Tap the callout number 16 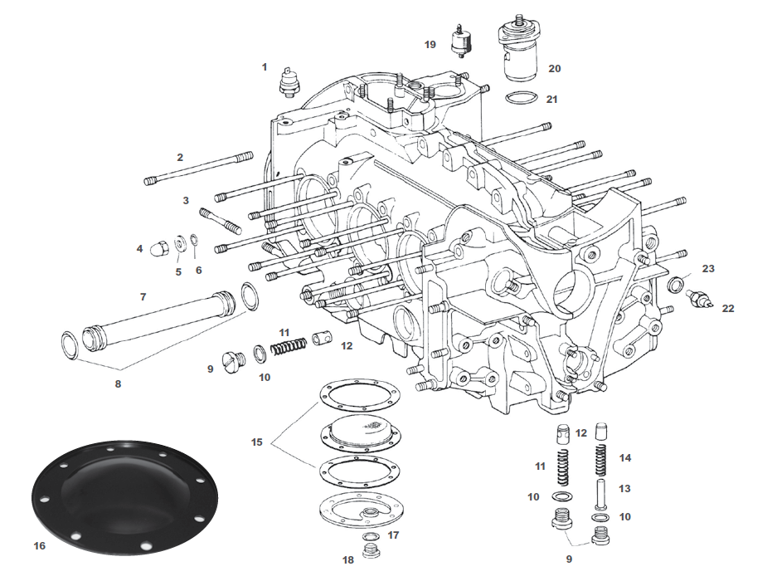(x=39, y=546)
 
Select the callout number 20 (x=554, y=69)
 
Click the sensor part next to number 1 (x=291, y=81)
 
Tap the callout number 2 (x=180, y=157)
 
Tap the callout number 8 (x=118, y=384)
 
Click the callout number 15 (x=257, y=442)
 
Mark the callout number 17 (x=393, y=535)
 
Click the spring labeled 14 (x=602, y=460)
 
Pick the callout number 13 (x=624, y=489)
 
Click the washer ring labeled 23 (x=677, y=286)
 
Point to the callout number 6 (x=198, y=270)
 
